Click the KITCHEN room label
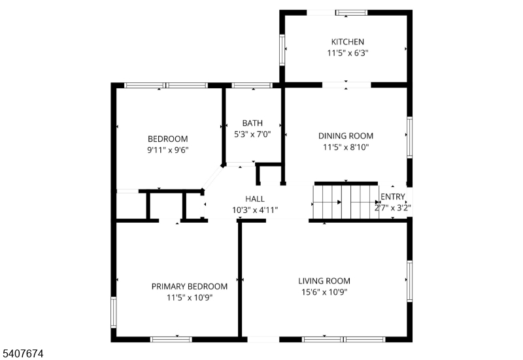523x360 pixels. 347,42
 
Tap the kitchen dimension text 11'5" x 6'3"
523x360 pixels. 347,53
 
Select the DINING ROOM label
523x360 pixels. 346,136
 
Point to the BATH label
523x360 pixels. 252,123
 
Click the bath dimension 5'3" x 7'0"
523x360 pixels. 252,134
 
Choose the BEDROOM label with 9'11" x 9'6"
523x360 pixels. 167,139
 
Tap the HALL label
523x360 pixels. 255,199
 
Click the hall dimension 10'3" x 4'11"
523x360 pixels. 255,210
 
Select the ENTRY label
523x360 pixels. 393,197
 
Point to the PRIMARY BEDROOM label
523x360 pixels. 190,286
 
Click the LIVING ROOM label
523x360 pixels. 324,281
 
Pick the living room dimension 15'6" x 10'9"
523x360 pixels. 324,292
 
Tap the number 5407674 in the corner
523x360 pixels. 24,353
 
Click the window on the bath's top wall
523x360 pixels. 252,85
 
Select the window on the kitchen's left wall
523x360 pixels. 282,50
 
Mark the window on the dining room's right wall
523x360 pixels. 410,137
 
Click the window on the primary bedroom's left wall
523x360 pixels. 113,312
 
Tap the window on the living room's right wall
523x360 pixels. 410,281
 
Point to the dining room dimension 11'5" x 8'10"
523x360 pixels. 346,147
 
